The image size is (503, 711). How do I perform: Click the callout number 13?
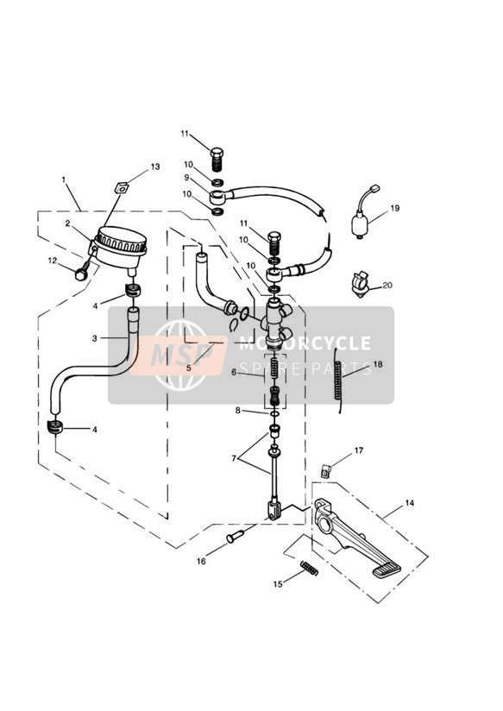click(155, 167)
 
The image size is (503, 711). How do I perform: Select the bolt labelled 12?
click(81, 274)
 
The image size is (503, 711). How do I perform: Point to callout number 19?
click(394, 208)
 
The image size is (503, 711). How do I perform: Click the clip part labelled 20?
click(361, 284)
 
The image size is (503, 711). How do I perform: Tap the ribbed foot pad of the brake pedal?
click(387, 569)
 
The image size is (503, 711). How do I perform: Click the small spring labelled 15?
click(310, 568)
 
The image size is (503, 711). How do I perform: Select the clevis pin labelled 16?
click(236, 537)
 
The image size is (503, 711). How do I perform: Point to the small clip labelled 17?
click(325, 472)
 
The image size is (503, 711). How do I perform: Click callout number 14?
click(410, 503)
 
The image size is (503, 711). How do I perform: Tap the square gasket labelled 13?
click(121, 187)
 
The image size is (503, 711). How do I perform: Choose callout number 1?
click(64, 179)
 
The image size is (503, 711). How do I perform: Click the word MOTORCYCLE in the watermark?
click(305, 343)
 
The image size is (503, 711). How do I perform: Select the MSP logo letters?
click(180, 355)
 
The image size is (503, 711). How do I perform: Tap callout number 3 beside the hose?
click(94, 338)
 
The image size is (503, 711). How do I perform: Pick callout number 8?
click(237, 411)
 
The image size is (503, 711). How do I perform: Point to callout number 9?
click(186, 177)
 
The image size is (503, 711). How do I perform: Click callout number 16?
click(201, 562)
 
